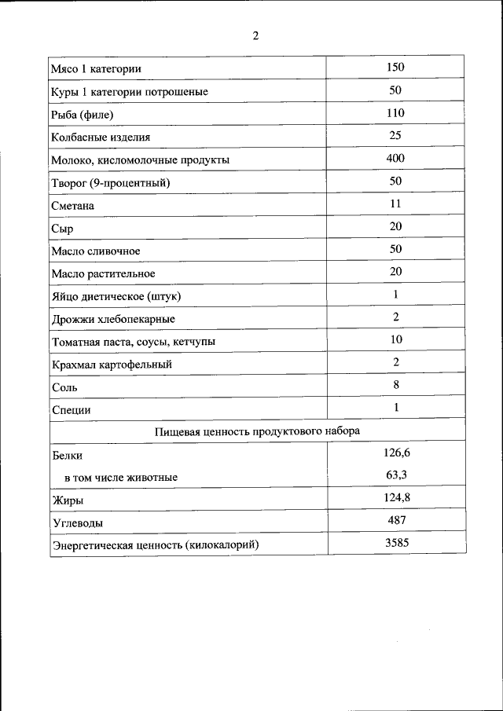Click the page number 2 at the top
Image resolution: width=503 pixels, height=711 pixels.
[x=255, y=35]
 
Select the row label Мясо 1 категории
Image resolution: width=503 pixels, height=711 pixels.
[x=96, y=69]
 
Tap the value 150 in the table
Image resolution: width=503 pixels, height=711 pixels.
[x=395, y=68]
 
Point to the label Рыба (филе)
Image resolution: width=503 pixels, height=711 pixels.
[x=83, y=115]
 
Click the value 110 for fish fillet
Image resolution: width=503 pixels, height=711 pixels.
[x=395, y=113]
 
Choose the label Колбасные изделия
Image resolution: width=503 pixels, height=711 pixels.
[x=101, y=137]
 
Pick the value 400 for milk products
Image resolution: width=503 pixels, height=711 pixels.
[x=395, y=159]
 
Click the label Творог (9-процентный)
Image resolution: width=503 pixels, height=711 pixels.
[x=111, y=183]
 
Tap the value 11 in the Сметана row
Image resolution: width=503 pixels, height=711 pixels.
[x=395, y=203]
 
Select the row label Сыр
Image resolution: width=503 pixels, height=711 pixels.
[x=62, y=229]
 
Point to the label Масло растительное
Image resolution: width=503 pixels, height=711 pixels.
[x=103, y=274]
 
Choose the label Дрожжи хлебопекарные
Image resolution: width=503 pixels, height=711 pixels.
[x=113, y=320]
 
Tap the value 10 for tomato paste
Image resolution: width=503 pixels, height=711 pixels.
[x=395, y=339]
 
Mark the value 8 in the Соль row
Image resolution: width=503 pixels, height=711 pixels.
[x=396, y=385]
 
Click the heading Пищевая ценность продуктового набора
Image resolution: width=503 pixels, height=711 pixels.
[x=257, y=431]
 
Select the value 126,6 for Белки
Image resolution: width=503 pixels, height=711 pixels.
[x=396, y=453]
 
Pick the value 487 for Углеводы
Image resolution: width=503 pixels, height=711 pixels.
[x=396, y=520]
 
